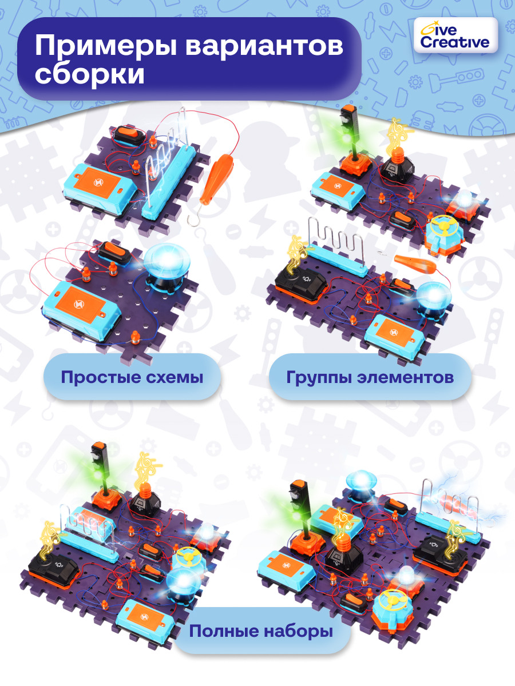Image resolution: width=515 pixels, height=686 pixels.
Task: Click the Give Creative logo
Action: click(455, 35)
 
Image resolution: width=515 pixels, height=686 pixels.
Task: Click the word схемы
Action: click(173, 377)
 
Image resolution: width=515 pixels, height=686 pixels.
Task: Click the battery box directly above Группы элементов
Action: click(394, 333)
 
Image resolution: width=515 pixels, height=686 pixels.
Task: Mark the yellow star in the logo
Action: click(425, 29)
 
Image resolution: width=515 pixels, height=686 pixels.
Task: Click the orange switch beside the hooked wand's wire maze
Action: click(129, 136)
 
